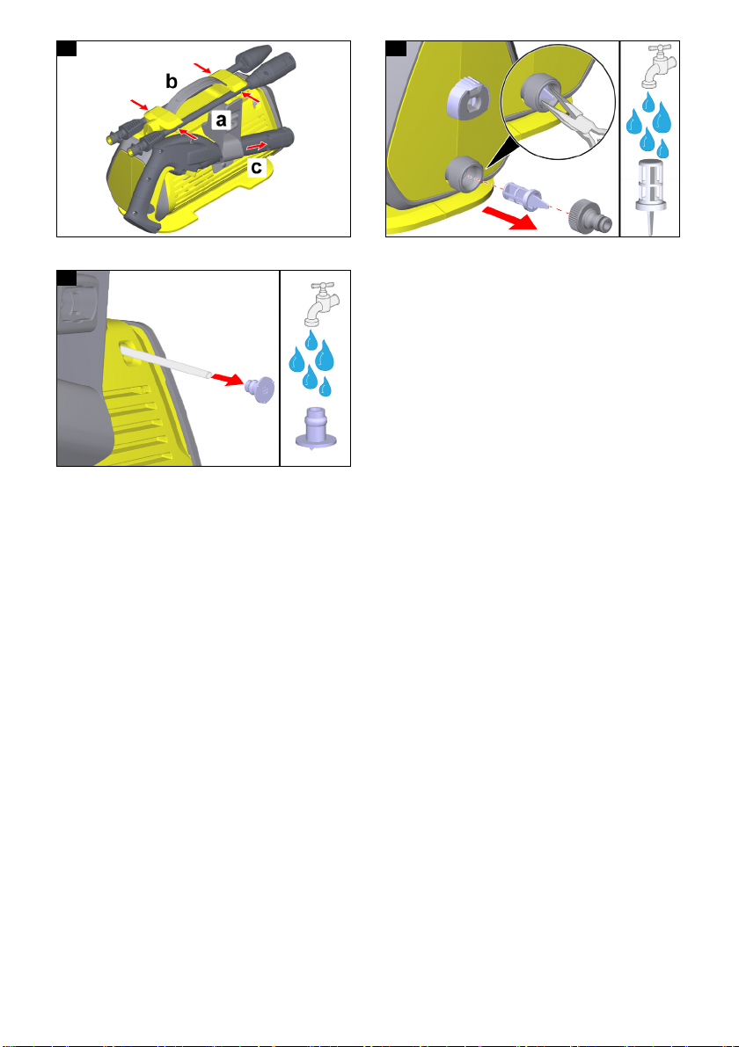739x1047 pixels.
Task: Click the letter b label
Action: (172, 82)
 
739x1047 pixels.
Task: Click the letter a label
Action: (221, 120)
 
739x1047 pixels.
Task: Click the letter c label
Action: (257, 167)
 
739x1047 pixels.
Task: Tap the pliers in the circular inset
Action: (577, 120)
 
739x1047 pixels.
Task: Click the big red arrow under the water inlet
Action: (509, 218)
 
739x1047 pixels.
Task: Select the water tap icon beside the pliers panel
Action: (657, 67)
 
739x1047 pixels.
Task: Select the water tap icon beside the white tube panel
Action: (323, 304)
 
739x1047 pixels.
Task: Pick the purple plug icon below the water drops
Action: (316, 428)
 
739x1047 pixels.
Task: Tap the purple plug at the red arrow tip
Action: (260, 389)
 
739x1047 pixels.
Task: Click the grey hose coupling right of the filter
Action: (590, 215)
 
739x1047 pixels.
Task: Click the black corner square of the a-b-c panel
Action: (66, 48)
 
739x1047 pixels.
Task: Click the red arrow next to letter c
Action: (257, 145)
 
